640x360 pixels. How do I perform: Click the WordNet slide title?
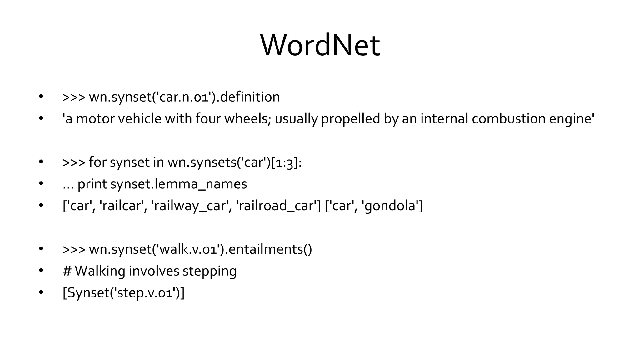click(x=320, y=46)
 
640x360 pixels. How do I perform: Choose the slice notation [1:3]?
click(x=286, y=162)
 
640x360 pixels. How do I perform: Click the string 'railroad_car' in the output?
click(x=278, y=206)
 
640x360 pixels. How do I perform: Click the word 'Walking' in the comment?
click(x=100, y=271)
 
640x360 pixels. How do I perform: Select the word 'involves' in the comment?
click(x=154, y=271)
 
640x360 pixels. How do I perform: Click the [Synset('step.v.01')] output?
click(x=123, y=293)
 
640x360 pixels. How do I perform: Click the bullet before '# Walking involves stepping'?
click(x=41, y=271)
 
